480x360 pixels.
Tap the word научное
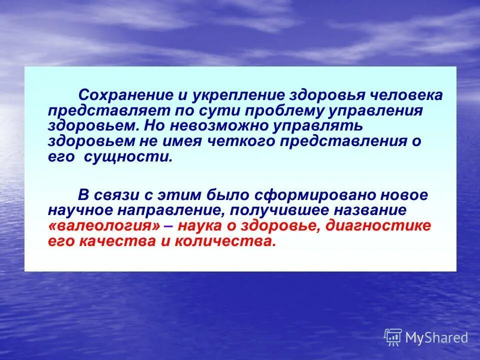[x=80, y=210]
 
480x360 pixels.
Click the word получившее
[x=267, y=210]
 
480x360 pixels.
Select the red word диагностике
[x=378, y=225]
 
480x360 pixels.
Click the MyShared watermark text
[x=436, y=337]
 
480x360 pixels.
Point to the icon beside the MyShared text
[x=393, y=337]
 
